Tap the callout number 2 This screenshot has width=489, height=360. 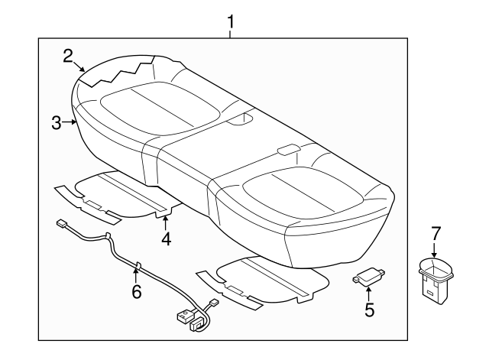[x=68, y=55]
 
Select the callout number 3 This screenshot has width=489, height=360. [x=57, y=122]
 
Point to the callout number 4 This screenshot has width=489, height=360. [x=166, y=239]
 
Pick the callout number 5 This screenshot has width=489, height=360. [x=369, y=309]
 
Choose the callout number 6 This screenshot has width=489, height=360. [x=137, y=291]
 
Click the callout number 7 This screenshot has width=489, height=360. [x=436, y=232]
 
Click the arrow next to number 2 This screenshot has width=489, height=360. [x=81, y=66]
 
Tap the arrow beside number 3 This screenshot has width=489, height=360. [x=70, y=122]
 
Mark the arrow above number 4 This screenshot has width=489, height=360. [x=166, y=222]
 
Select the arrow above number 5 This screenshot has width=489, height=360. [x=369, y=293]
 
